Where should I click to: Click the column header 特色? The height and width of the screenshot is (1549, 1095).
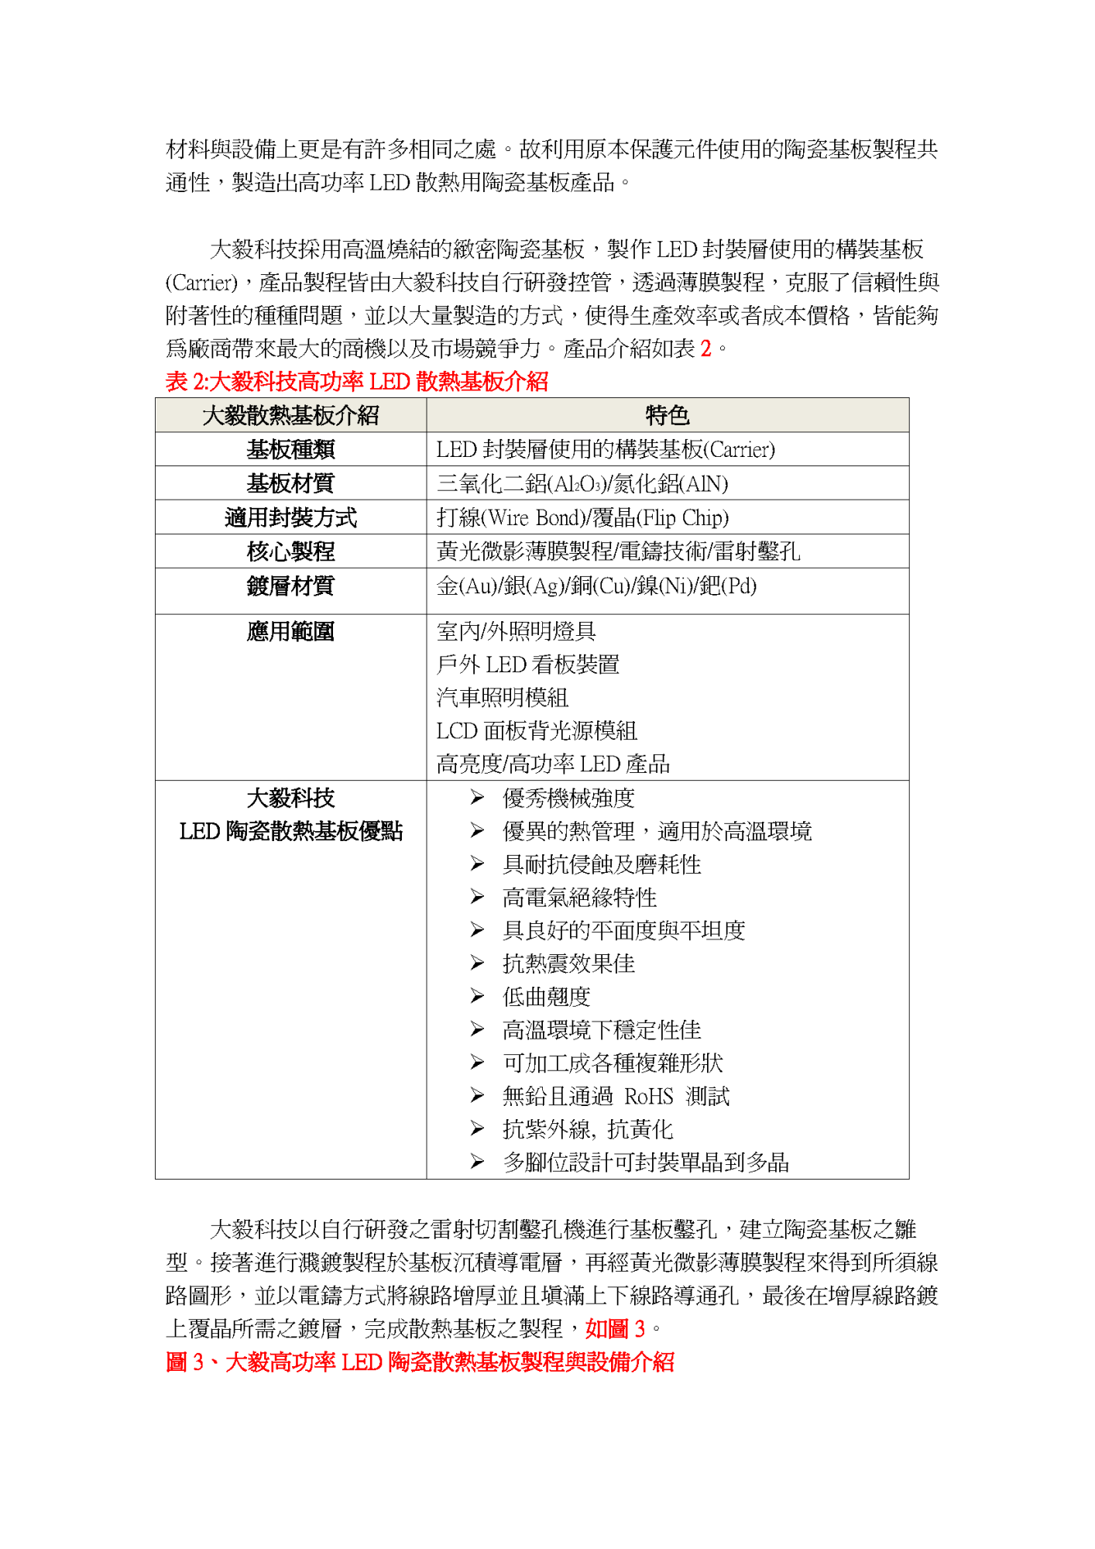coord(667,416)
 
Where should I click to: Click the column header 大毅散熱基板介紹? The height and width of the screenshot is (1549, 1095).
coord(290,416)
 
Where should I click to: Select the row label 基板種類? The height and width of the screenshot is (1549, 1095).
coord(290,450)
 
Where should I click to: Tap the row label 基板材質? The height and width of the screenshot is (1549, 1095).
coord(290,484)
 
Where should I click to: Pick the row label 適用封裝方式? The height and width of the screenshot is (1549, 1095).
coord(290,518)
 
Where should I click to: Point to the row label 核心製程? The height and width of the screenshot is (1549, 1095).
coord(290,552)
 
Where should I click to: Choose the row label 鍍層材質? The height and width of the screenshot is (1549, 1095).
coord(290,586)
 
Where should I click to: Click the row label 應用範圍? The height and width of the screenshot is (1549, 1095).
coord(290,632)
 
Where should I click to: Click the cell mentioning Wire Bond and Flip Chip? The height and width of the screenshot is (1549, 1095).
coord(582,518)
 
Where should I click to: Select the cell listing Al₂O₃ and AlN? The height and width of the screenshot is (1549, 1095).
coord(582,484)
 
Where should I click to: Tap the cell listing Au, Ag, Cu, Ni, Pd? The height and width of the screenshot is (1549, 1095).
coord(596,586)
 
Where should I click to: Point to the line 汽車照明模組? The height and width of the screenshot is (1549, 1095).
coord(503,698)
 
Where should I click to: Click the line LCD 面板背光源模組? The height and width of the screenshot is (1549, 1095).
coord(537,731)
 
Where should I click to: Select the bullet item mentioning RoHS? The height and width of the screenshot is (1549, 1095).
coord(616,1097)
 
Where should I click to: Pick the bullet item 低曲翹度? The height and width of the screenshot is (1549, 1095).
coord(546,997)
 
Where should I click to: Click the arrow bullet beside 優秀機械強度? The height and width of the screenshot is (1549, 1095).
coord(477,798)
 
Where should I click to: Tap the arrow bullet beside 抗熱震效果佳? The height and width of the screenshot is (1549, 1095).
coord(477,963)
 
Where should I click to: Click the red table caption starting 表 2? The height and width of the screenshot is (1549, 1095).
coord(357,382)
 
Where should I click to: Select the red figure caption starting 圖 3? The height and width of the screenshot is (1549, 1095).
coord(420,1362)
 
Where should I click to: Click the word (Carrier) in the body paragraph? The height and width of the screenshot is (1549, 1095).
coord(201,283)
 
